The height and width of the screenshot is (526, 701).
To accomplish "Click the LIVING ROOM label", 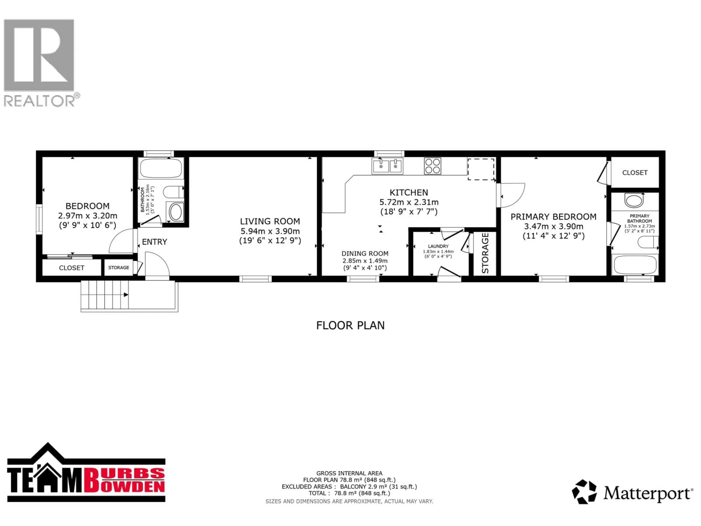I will pos(270,221).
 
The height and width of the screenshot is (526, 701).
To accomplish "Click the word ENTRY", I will pos(154,242).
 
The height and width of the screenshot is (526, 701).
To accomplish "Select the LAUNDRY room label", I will pos(438,246).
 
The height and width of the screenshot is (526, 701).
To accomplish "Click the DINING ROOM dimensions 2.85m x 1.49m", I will pos(365,261).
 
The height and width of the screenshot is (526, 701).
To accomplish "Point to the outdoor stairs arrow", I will pos(126,295).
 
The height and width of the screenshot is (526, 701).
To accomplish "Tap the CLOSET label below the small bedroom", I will pos(72,268).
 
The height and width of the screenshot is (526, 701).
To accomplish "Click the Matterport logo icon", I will pos(584,492).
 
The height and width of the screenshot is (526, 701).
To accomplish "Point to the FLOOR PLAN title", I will pos(350,325).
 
